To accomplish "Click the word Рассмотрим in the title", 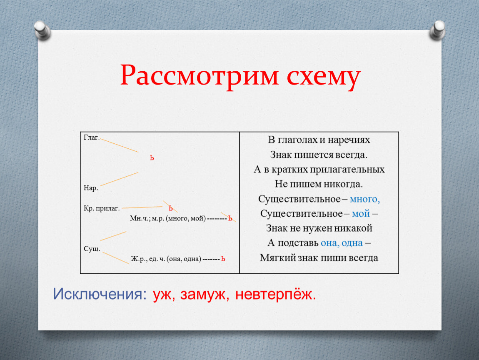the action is click(199, 75).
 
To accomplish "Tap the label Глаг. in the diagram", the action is click(92, 137).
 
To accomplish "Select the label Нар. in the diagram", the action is click(91, 187).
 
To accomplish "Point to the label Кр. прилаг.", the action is click(101, 208).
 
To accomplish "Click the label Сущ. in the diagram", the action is click(92, 249).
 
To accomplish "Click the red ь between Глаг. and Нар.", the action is click(152, 158).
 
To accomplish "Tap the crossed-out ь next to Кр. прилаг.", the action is click(171, 208).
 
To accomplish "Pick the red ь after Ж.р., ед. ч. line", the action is click(223, 259).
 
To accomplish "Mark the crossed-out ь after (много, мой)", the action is click(230, 218).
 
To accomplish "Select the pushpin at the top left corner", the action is click(42, 30).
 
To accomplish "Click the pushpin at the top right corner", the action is click(437, 30).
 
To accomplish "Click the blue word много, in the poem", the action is click(365, 199).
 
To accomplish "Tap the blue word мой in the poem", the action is click(361, 214).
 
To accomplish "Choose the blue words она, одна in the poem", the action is click(342, 243).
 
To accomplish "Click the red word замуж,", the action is click(205, 295).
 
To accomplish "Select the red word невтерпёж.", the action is click(276, 295).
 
